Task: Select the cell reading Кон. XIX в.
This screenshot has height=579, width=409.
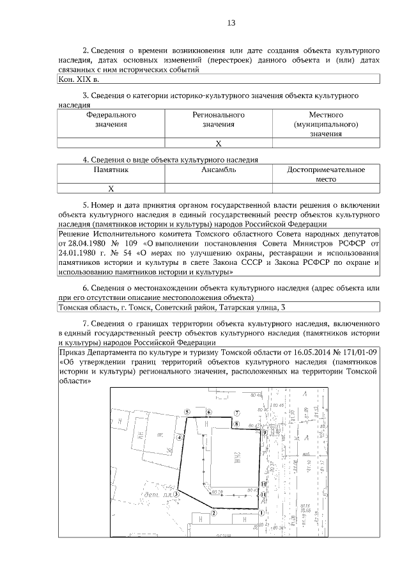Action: (77, 80)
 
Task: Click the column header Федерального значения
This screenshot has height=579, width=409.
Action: (111, 120)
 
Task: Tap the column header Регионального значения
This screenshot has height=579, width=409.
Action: (219, 120)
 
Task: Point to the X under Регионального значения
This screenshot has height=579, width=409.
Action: (219, 143)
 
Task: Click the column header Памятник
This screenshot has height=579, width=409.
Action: (111, 170)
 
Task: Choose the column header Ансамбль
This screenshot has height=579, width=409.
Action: (219, 170)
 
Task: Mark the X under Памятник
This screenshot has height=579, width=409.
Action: (111, 189)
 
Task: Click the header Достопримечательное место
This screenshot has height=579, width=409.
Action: (326, 175)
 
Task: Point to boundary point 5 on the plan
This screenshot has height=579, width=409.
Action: (186, 413)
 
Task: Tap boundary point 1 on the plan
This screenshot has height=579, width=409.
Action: (261, 512)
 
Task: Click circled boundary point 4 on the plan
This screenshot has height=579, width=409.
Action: (181, 438)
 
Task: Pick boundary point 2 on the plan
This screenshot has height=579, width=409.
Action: (215, 512)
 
